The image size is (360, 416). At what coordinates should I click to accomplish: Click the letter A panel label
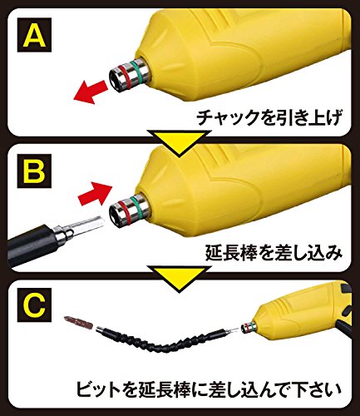pos(34,35)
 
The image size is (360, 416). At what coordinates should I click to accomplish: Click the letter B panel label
pos(34,171)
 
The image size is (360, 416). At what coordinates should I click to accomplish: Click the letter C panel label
pos(34,305)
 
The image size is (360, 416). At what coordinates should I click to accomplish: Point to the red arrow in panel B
pos(95,195)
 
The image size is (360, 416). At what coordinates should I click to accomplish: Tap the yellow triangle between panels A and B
pos(179,143)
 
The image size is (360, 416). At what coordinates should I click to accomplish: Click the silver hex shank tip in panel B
pos(89,225)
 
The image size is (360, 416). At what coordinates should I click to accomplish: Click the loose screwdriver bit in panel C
pos(77,322)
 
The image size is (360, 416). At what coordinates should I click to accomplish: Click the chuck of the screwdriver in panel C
pos(248,328)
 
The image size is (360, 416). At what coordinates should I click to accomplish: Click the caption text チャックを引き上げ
pos(269,117)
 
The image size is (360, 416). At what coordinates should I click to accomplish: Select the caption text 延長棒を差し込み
pos(274,253)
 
